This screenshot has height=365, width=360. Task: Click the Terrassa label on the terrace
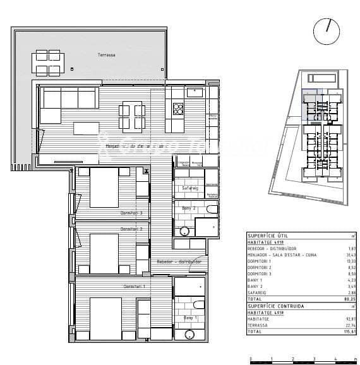click(x=106, y=56)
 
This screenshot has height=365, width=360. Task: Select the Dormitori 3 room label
click(x=131, y=213)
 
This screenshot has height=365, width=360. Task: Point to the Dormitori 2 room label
click(x=131, y=229)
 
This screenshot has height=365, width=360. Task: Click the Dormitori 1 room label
click(x=134, y=287)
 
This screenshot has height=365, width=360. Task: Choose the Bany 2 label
click(x=189, y=208)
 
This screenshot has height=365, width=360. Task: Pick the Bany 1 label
click(x=191, y=318)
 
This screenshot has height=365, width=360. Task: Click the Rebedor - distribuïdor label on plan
click(x=179, y=261)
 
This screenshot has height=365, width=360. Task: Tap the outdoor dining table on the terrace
click(x=48, y=62)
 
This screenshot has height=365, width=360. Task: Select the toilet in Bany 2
click(x=211, y=209)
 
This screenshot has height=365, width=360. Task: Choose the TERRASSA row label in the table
click(x=260, y=325)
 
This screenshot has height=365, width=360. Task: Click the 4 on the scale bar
click(x=335, y=359)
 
